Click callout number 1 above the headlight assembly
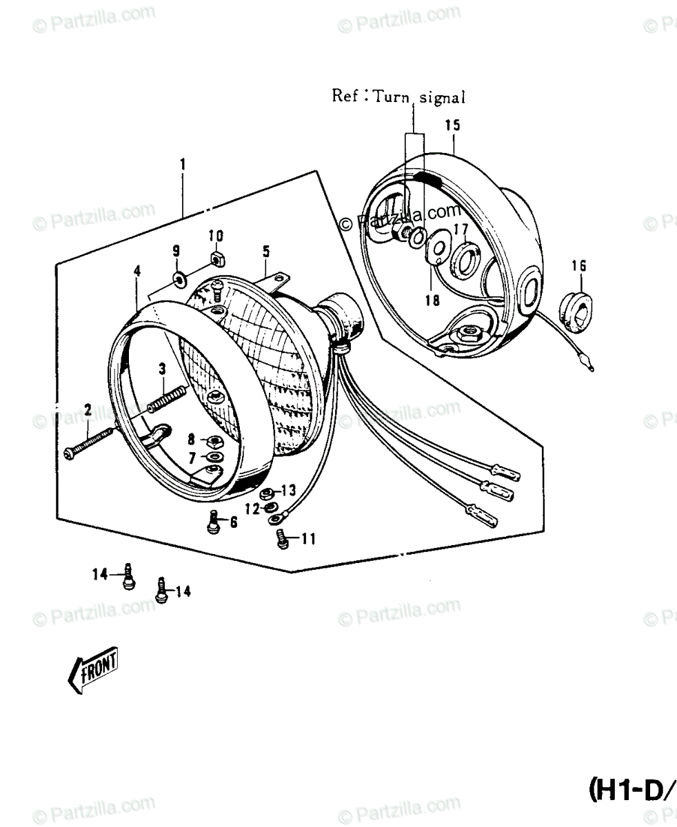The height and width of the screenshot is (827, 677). [x=183, y=165]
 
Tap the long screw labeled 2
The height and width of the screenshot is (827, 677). [x=90, y=442]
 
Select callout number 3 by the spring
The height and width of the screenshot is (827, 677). [x=161, y=369]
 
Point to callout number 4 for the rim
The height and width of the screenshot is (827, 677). [x=137, y=271]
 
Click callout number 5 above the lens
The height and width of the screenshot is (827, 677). [x=265, y=252]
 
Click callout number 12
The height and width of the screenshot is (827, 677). [x=251, y=509]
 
